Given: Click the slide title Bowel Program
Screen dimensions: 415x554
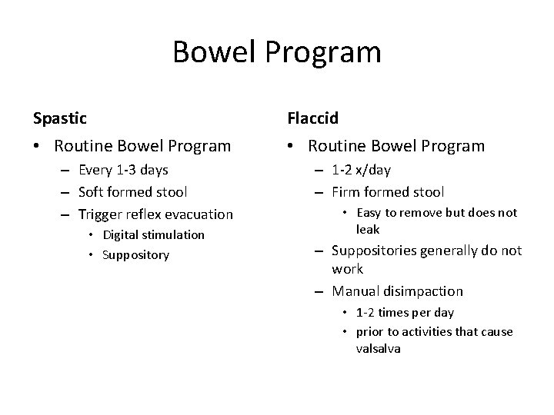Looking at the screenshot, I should (277, 52).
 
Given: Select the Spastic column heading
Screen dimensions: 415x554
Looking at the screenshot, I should (60, 118).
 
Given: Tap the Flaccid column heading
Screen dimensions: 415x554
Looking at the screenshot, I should (313, 118).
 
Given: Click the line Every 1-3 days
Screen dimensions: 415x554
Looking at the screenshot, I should (124, 169).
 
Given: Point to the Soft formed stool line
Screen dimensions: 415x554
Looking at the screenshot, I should (133, 191).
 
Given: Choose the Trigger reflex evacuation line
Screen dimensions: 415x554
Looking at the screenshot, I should (156, 214).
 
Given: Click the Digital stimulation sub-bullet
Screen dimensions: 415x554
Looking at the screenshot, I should (154, 234).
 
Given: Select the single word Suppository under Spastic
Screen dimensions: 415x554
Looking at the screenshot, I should (135, 254).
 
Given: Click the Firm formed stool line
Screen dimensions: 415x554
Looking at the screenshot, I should (388, 191).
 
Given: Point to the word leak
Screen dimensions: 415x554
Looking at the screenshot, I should (368, 230).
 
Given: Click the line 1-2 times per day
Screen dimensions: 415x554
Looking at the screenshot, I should (405, 312).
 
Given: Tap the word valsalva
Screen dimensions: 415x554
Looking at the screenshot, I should (379, 347).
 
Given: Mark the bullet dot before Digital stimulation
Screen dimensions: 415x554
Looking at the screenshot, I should (91, 235).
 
